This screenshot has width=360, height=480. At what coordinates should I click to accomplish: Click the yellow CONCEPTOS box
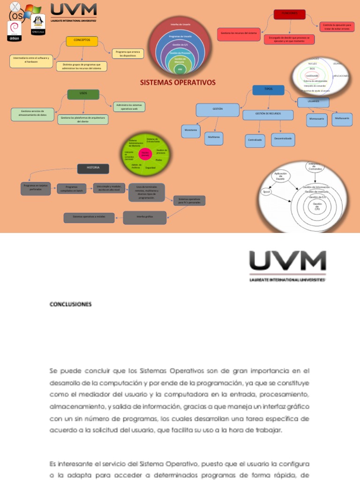[82, 41]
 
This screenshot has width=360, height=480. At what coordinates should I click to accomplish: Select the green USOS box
[83, 94]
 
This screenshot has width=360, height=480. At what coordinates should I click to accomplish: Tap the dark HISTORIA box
[93, 168]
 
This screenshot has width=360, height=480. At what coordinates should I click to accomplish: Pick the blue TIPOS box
[268, 90]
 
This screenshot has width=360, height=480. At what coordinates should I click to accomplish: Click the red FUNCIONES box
[289, 15]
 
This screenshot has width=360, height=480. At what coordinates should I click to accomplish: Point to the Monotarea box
[191, 131]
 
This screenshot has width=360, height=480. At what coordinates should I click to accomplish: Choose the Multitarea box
[214, 138]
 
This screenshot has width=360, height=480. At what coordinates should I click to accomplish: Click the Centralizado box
[255, 140]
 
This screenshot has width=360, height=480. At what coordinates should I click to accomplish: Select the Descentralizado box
[283, 139]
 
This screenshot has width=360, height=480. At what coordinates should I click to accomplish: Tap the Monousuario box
[317, 120]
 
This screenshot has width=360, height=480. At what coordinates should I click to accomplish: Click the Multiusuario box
[342, 119]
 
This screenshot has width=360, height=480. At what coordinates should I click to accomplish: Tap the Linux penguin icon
[37, 23]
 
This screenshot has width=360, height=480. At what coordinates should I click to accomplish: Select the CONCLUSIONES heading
[71, 304]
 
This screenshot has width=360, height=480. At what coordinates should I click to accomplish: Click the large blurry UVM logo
[287, 265]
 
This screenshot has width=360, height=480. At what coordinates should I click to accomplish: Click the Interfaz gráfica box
[144, 217]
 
